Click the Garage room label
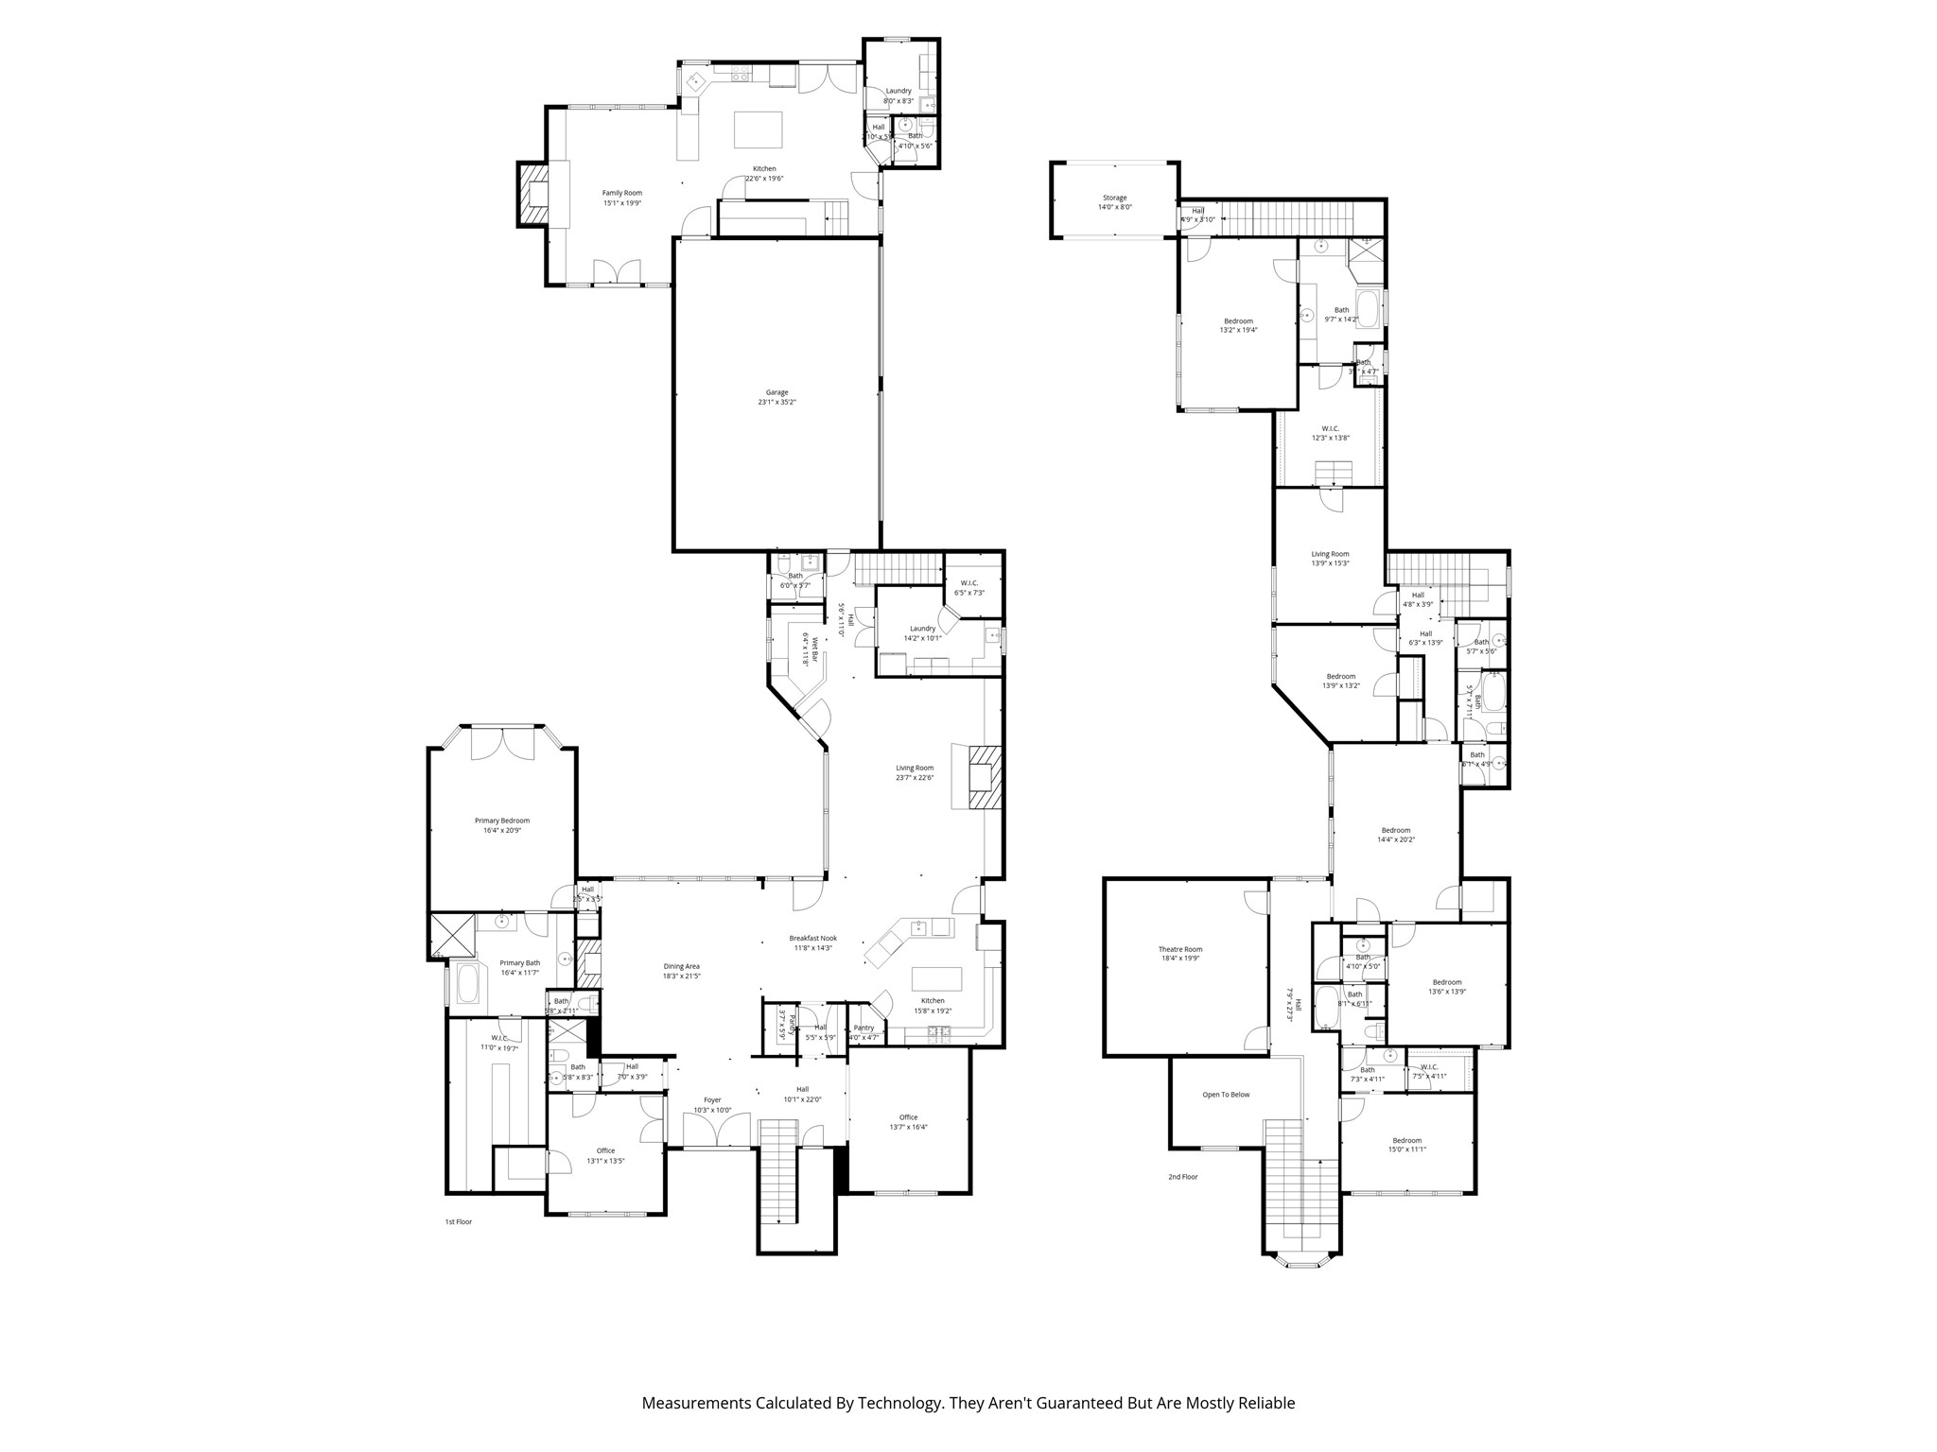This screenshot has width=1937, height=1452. point(777,397)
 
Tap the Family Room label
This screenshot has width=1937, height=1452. point(621,198)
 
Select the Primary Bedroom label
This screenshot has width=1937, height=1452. point(501,825)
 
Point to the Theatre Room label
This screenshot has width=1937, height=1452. point(1179,954)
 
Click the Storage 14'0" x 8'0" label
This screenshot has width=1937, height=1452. point(1114,202)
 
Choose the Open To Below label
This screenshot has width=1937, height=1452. point(1226,1095)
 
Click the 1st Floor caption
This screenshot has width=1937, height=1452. point(458,1221)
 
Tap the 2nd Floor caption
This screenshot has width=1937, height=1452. point(1182,1177)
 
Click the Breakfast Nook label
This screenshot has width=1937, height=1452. point(812,942)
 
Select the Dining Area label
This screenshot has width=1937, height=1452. point(681,971)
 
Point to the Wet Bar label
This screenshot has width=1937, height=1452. point(811,649)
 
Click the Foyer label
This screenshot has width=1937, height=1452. point(712,1104)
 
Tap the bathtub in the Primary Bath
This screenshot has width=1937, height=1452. point(468,983)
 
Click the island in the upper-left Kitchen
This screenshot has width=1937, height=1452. point(759,130)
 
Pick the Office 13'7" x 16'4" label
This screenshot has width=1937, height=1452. point(908,1122)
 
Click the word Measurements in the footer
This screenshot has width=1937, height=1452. point(695,1403)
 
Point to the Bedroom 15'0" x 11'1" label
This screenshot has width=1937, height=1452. point(1405,1145)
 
